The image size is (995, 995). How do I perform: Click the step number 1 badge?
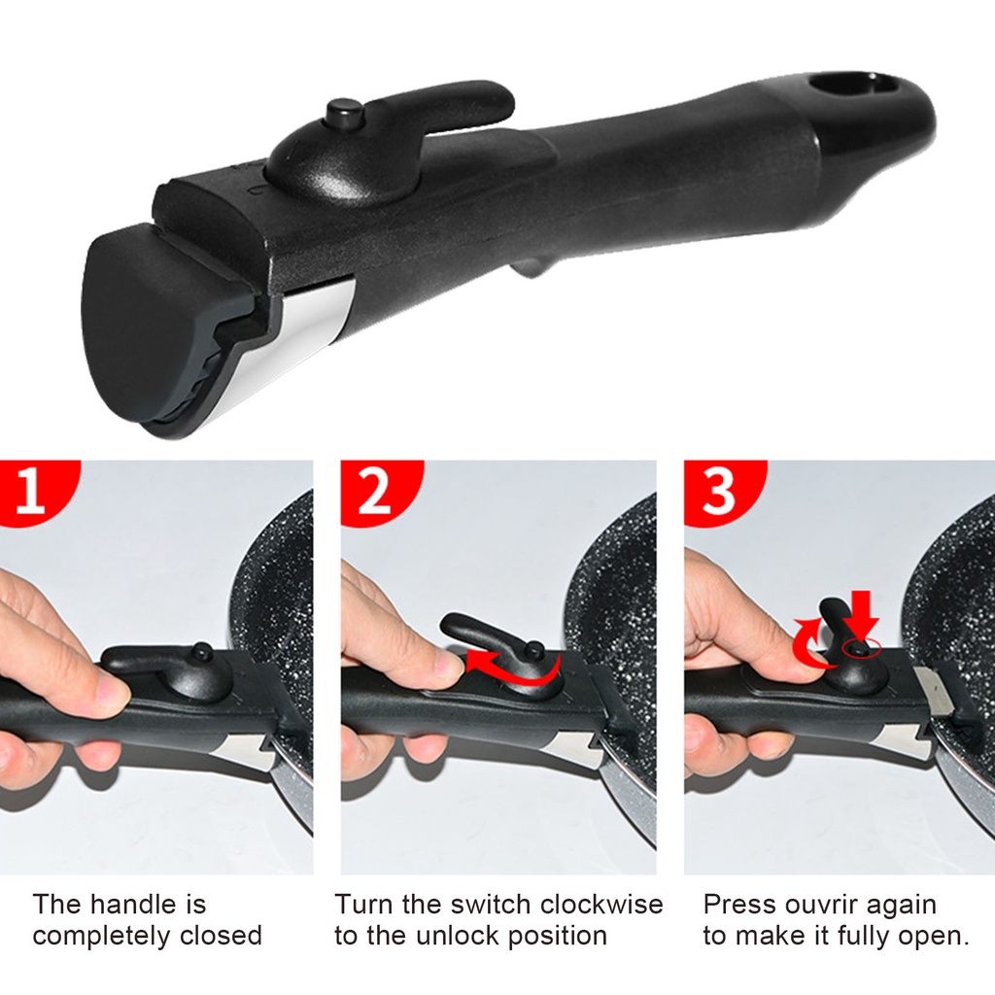tap(31, 491)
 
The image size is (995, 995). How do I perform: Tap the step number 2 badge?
tap(374, 491)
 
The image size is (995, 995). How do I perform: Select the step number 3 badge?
tap(719, 491)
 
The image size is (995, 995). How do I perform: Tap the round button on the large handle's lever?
tap(342, 114)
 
